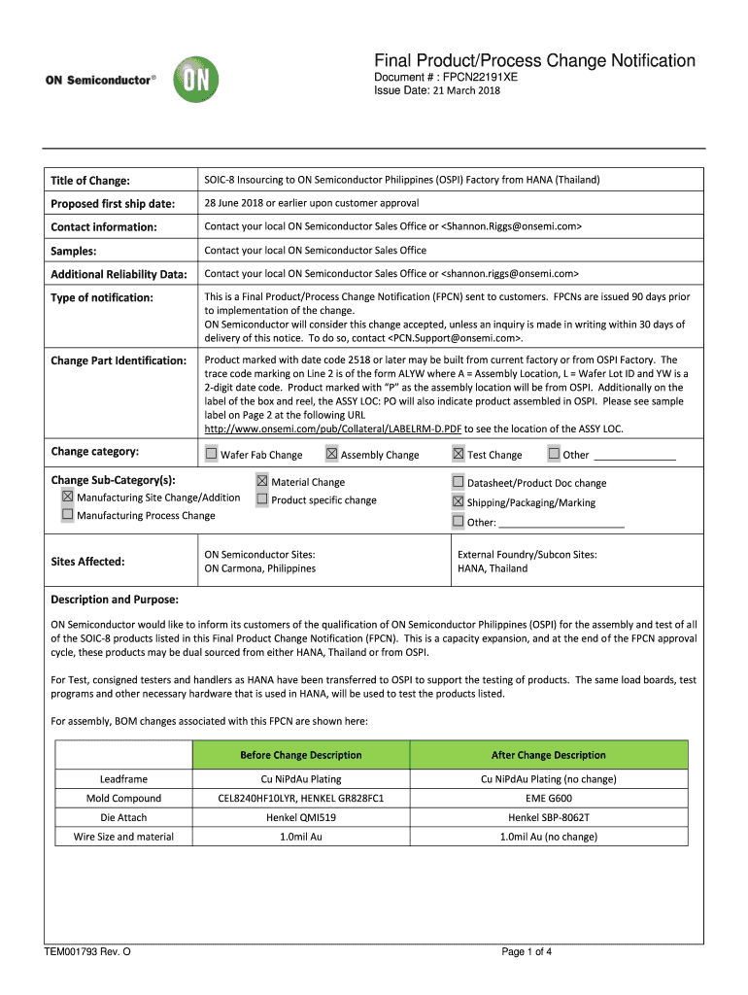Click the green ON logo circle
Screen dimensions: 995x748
coord(192,80)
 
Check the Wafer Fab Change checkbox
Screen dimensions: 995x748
coord(211,454)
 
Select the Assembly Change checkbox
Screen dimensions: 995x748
coord(331,454)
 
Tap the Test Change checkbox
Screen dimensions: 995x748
coord(458,454)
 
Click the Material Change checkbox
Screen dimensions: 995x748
coord(262,481)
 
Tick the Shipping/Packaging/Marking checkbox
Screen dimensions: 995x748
coord(458,501)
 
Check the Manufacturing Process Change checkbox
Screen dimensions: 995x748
coord(68,515)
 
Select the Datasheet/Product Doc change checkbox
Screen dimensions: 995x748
coord(458,482)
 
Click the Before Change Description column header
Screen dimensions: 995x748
coord(301,755)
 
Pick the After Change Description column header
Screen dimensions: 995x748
coord(548,755)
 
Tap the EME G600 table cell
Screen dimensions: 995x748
coord(548,798)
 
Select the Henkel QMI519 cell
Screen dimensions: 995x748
coord(301,817)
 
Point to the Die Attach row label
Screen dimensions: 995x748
coord(123,817)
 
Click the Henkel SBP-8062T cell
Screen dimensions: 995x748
coord(548,817)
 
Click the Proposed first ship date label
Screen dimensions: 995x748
coord(113,203)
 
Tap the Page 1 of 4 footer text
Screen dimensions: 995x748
coord(527,951)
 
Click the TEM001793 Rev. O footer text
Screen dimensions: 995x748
coord(87,951)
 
